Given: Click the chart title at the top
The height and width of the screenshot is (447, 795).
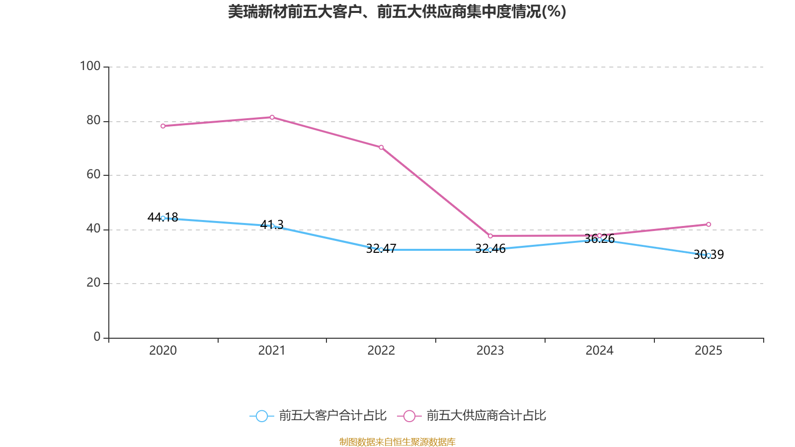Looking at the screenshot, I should tap(397, 11).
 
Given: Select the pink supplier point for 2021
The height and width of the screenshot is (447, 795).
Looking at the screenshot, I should tap(272, 117).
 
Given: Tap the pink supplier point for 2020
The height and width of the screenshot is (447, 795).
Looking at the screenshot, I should tap(163, 126).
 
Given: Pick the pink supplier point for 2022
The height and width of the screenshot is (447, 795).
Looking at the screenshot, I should tap(381, 148).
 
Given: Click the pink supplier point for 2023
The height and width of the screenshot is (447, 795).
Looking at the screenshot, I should tap(490, 236).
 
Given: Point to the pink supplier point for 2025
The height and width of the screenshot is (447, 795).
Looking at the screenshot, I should tap(709, 224).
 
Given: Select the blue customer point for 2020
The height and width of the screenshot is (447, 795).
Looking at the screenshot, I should tap(163, 218).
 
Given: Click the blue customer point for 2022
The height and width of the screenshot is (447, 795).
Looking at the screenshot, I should tap(381, 250).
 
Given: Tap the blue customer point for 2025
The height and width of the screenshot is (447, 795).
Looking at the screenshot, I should tap(709, 255).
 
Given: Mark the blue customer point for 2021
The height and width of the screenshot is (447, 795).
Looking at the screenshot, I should tap(272, 226).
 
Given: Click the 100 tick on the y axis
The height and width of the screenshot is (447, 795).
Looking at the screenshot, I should tap(90, 66).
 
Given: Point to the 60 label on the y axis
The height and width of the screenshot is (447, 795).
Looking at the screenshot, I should tap(93, 174).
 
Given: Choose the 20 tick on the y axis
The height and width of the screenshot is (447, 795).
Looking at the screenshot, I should tap(93, 283).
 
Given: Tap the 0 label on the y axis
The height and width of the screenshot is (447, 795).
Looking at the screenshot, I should tap(97, 337).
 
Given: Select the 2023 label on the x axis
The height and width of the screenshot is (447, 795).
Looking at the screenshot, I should tap(490, 351).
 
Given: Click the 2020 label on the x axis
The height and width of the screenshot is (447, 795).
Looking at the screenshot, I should tap(163, 351).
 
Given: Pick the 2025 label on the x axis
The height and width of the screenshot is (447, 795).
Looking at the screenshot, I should tap(708, 351).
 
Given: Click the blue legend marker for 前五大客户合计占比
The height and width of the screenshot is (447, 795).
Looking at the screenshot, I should tap(261, 416).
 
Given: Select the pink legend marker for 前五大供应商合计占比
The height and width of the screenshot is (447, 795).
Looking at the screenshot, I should tap(409, 416).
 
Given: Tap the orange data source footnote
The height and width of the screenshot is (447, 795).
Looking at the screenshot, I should tap(397, 442).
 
